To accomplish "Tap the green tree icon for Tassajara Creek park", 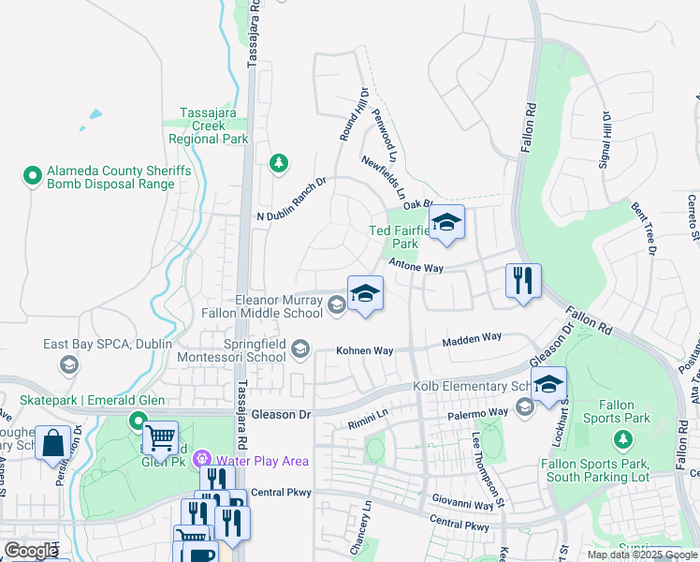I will pyautogui.click(x=278, y=164).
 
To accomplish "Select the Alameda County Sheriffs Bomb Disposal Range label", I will pyautogui.click(x=109, y=177).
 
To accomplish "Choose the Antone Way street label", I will pyautogui.click(x=416, y=267).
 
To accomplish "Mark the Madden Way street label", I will pyautogui.click(x=472, y=337).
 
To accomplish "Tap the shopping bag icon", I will pyautogui.click(x=52, y=443).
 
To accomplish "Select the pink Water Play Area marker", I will pyautogui.click(x=200, y=460).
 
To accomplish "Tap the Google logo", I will pyautogui.click(x=32, y=551).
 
